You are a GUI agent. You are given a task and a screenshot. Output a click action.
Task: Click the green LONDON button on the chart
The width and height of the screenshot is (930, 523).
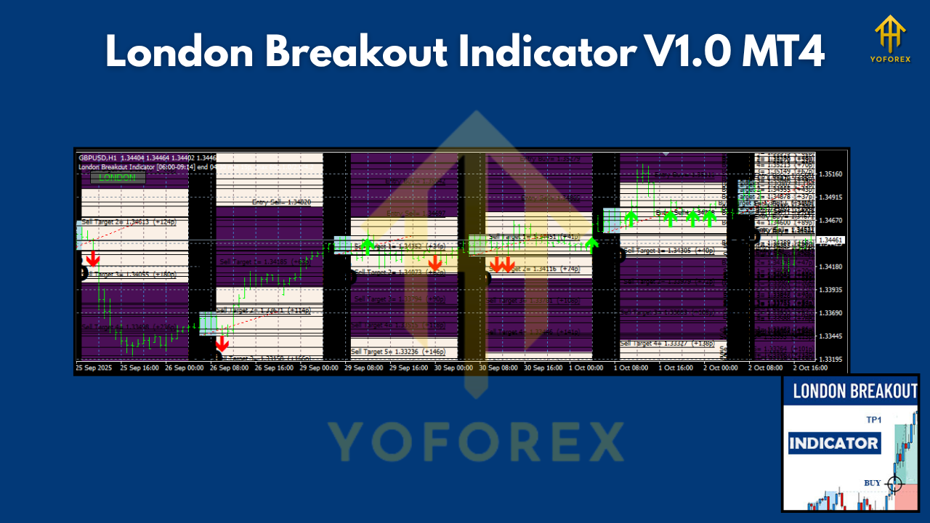pyautogui.click(x=118, y=177)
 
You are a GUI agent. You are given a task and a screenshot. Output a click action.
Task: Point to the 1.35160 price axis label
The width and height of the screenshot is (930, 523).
pyautogui.click(x=830, y=174)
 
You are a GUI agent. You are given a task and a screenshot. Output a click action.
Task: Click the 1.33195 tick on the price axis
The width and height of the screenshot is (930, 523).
pyautogui.click(x=830, y=359)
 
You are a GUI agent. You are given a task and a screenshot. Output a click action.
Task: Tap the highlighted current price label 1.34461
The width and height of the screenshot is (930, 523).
pyautogui.click(x=830, y=240)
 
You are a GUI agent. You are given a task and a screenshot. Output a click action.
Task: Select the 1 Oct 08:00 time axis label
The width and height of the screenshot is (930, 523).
pyautogui.click(x=631, y=368)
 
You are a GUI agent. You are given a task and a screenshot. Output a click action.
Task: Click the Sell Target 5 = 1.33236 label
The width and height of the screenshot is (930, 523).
pyautogui.click(x=398, y=352)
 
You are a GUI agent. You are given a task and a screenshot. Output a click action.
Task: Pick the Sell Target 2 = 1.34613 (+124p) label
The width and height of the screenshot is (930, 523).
pyautogui.click(x=129, y=222)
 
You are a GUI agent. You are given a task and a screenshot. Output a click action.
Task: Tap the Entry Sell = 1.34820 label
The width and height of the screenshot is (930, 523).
pyautogui.click(x=281, y=203)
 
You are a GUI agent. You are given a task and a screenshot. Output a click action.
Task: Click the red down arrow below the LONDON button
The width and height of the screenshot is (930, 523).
pyautogui.click(x=92, y=259)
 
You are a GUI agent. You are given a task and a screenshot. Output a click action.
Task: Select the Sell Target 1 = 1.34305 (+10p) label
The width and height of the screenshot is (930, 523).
pyautogui.click(x=668, y=251)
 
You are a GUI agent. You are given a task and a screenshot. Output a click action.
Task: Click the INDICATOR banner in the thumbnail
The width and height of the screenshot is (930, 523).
pyautogui.click(x=833, y=443)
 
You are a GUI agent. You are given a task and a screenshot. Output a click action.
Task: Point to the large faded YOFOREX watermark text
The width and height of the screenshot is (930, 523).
pyautogui.click(x=475, y=441)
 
